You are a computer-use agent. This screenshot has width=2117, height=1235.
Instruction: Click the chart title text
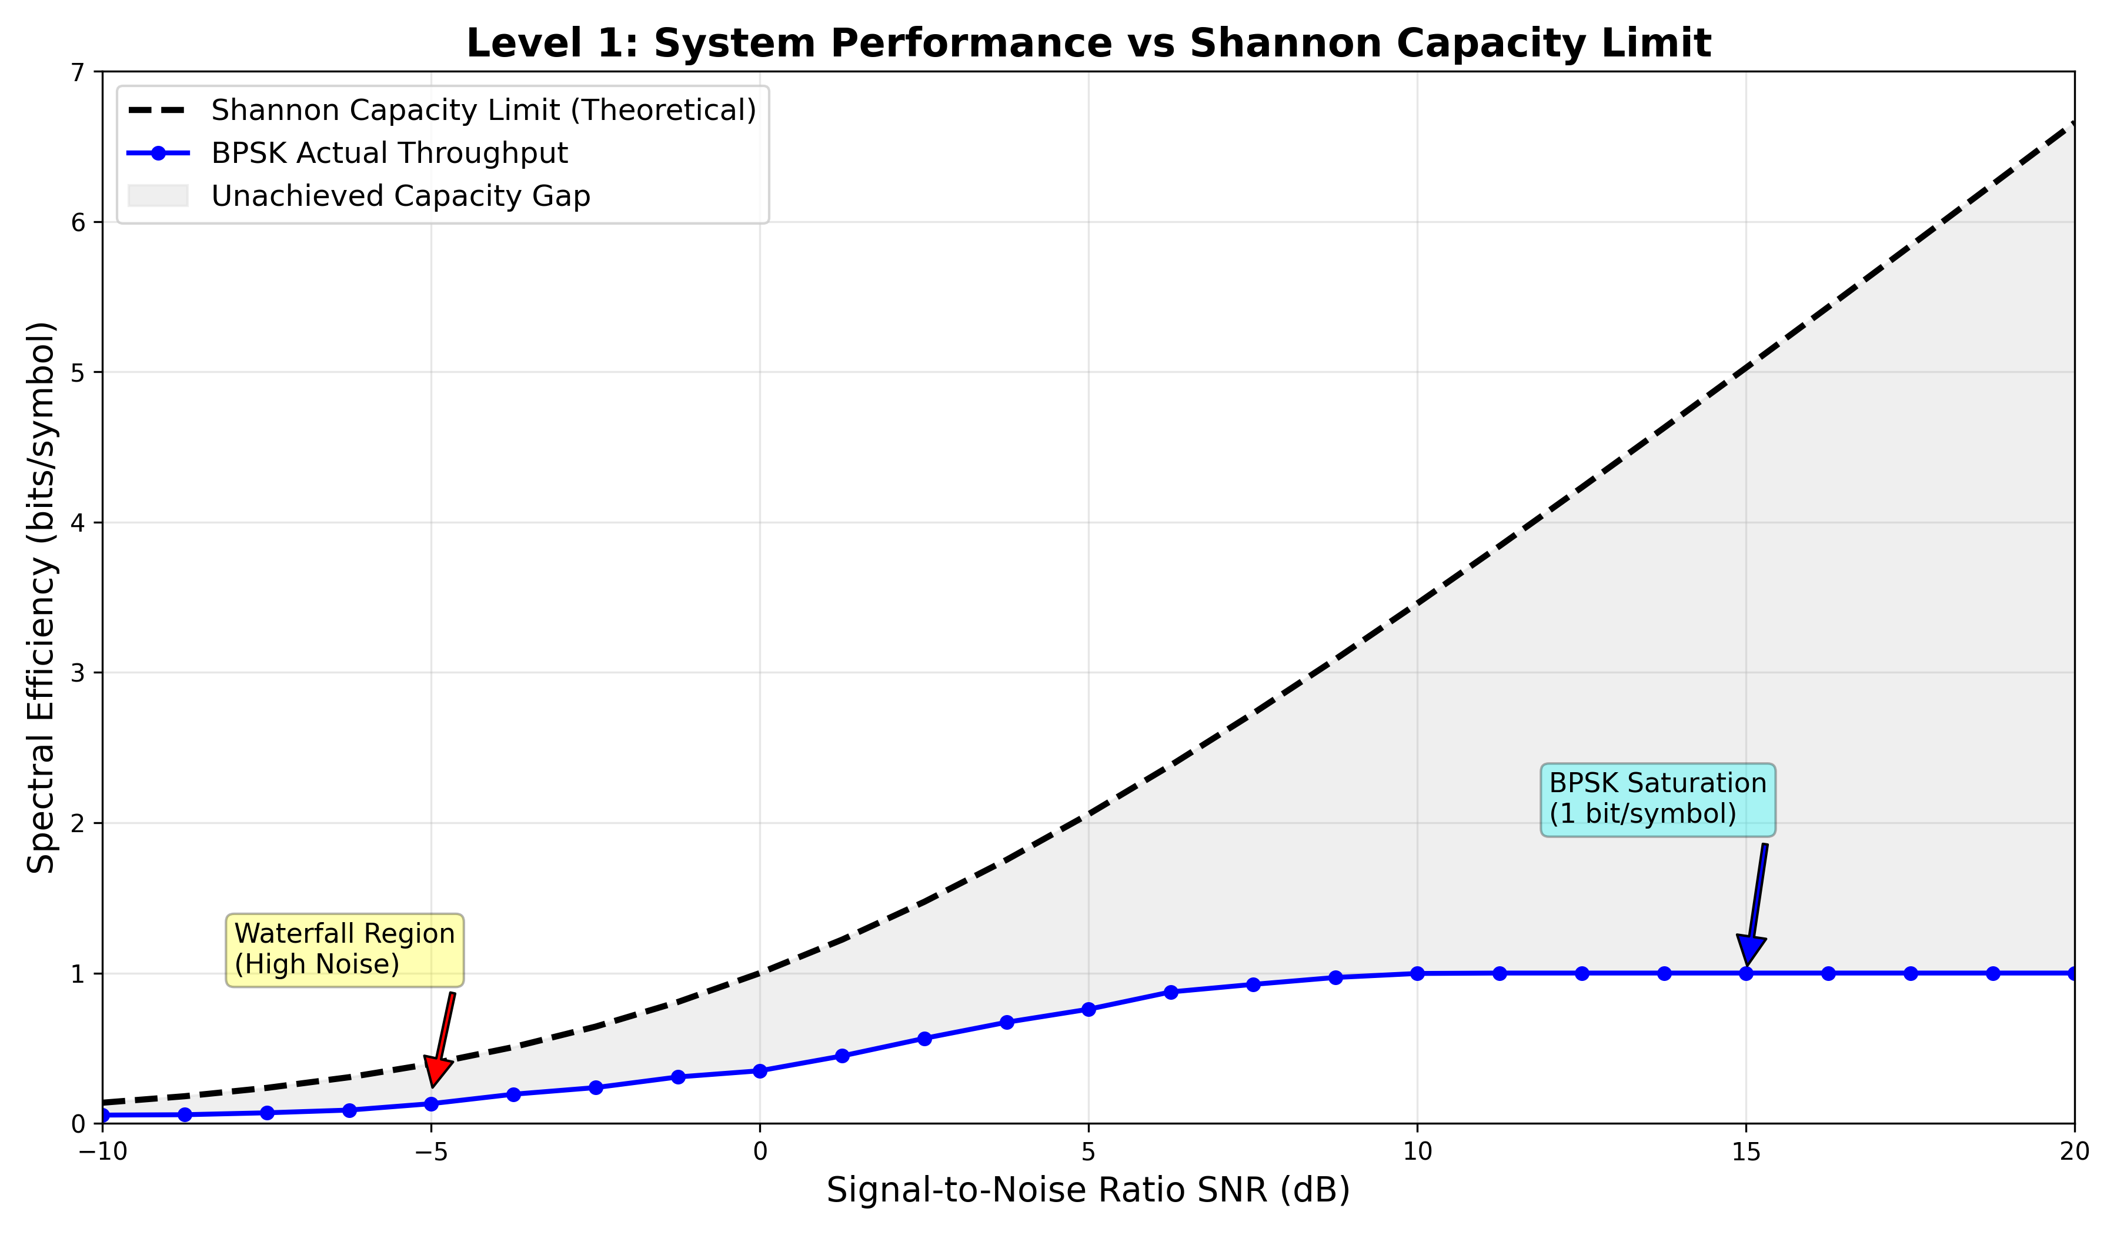pos(1088,44)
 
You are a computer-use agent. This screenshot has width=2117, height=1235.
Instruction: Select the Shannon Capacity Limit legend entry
pos(483,110)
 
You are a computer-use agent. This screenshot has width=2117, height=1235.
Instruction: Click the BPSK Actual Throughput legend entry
pos(389,153)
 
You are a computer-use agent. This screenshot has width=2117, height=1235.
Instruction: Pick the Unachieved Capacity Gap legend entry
pos(400,196)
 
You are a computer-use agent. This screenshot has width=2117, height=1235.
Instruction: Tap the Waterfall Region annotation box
pos(345,949)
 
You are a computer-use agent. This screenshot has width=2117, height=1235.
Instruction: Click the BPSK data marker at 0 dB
pos(760,1071)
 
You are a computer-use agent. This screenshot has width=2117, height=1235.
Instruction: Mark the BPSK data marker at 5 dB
pos(1088,1009)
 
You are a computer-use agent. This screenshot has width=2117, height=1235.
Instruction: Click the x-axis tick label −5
pos(431,1151)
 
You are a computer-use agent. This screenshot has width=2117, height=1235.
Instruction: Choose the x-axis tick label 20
pos(2074,1151)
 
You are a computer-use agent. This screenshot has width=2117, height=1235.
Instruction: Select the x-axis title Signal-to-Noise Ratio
pos(1088,1190)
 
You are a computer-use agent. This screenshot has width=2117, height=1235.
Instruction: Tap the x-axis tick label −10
pos(102,1151)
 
